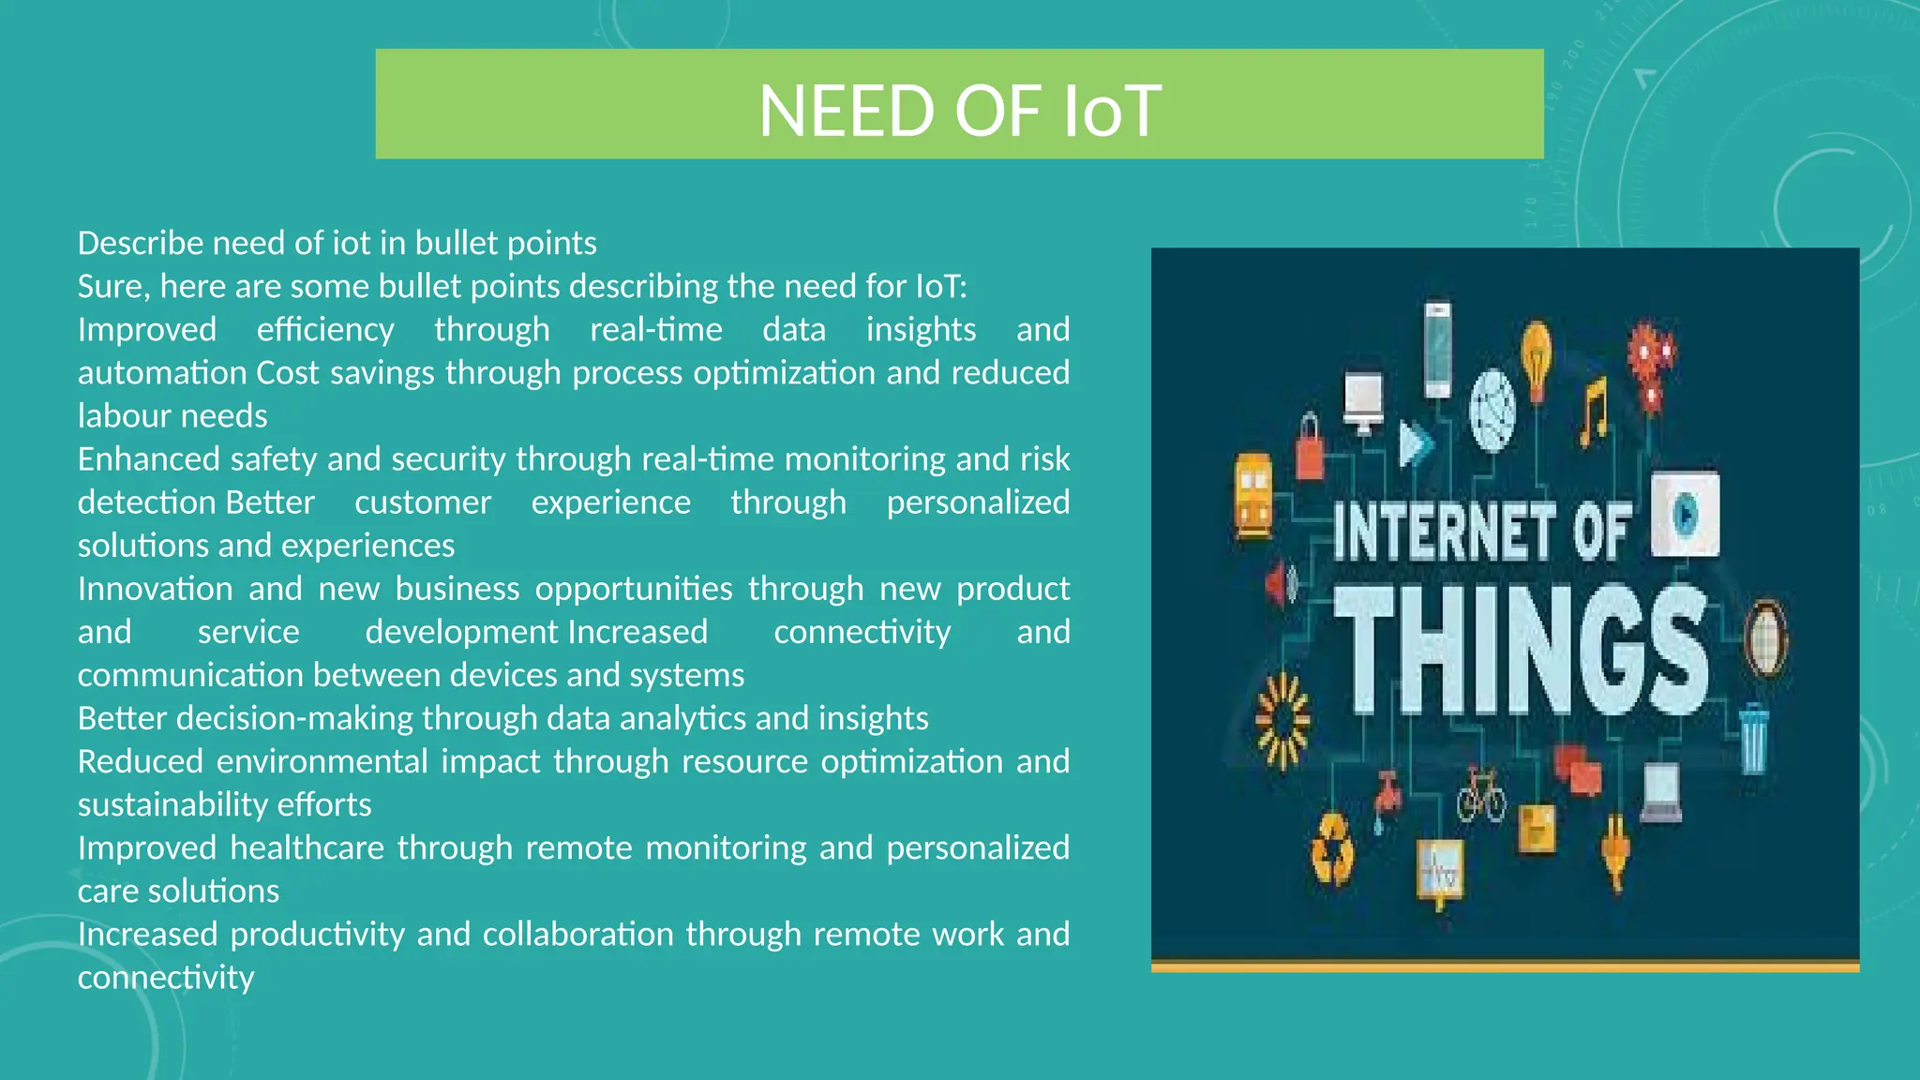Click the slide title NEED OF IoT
coord(959,110)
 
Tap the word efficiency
coord(325,330)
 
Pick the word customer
coord(423,502)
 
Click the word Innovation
coord(155,589)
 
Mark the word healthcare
coord(307,847)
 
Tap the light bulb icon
coord(1536,356)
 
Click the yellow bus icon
coord(1253,495)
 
